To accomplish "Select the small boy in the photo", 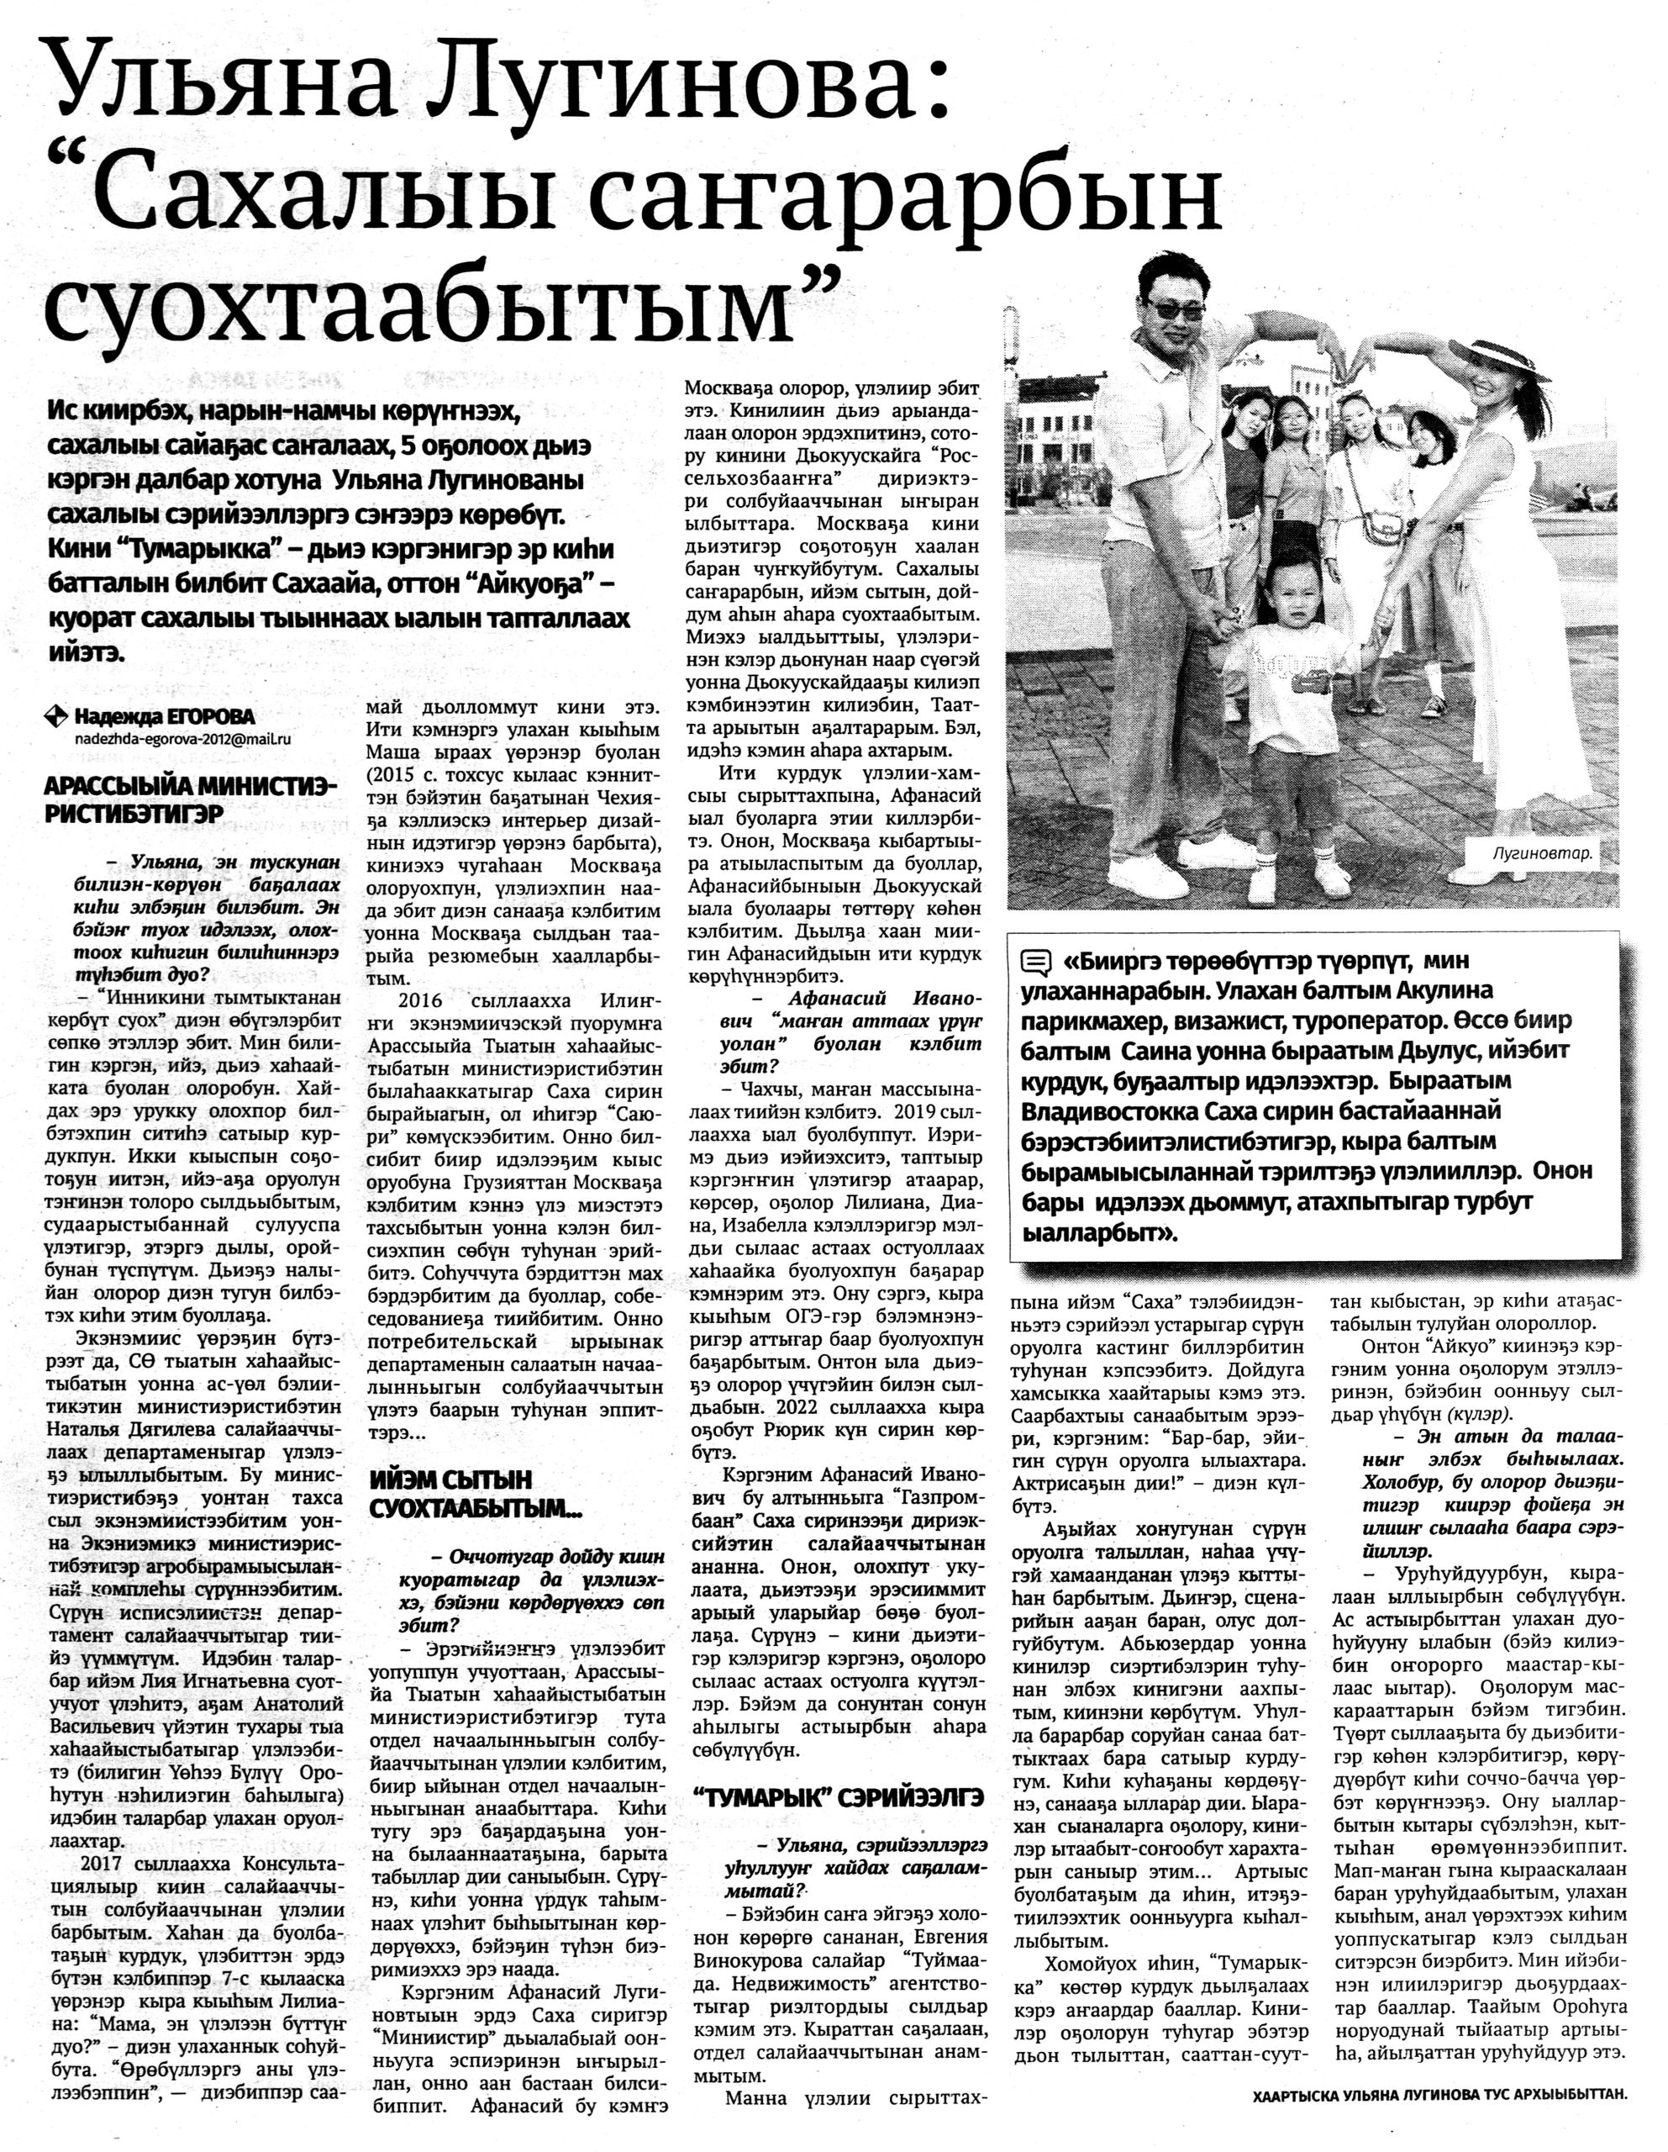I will pyautogui.click(x=1287, y=720).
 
